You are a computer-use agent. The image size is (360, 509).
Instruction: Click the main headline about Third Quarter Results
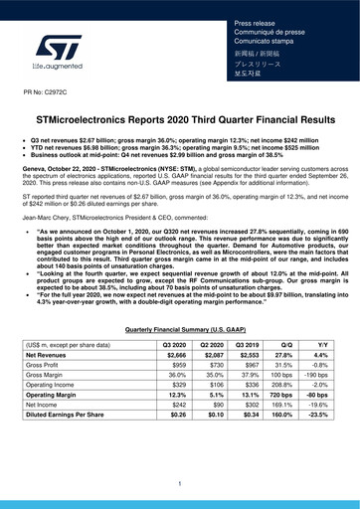tap(180, 118)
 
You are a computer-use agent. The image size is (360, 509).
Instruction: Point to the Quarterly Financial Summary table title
tap(180, 327)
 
